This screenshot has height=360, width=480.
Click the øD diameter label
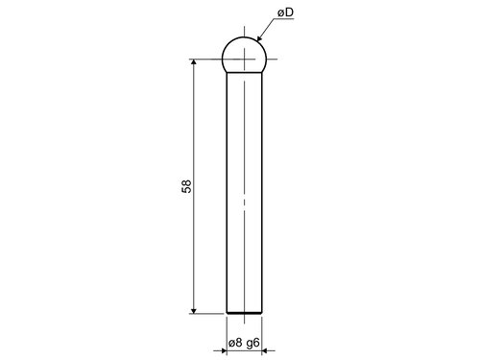(286, 12)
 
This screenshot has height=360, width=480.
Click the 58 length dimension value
(186, 186)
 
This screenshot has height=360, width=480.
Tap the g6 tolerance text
(252, 344)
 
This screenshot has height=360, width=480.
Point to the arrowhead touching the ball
(259, 38)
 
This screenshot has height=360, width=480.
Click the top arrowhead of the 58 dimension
(193, 62)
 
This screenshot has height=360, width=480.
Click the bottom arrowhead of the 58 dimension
(193, 310)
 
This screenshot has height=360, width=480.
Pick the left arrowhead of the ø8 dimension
(224, 351)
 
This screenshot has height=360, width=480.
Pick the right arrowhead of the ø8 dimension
(265, 351)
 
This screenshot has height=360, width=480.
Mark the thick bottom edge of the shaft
(244, 313)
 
